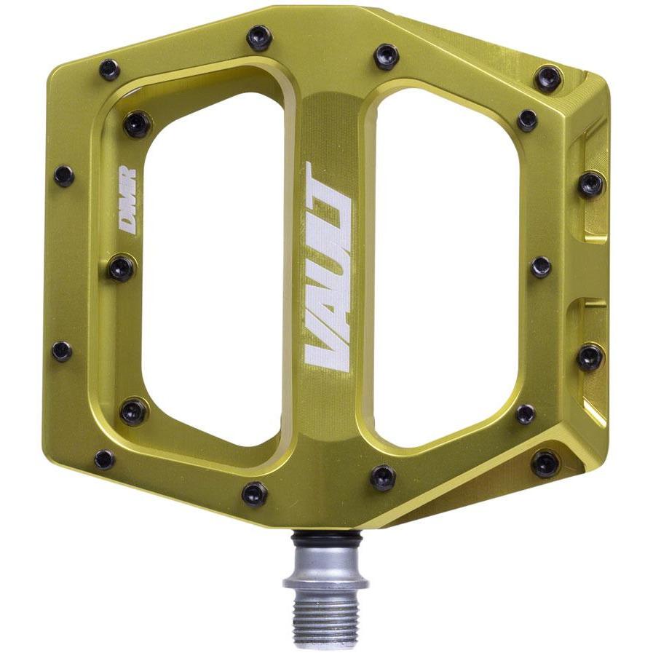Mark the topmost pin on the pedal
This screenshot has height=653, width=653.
[259, 37]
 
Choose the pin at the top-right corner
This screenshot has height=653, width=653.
[548, 78]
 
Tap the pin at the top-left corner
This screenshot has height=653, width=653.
[109, 70]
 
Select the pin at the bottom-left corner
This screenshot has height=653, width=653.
[105, 459]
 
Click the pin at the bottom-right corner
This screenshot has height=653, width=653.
[545, 463]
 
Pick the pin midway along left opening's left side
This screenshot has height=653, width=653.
[122, 268]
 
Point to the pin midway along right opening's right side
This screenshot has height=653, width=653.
[541, 266]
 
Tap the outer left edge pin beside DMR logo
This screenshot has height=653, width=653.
[64, 175]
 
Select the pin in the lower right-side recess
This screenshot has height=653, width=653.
[590, 357]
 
